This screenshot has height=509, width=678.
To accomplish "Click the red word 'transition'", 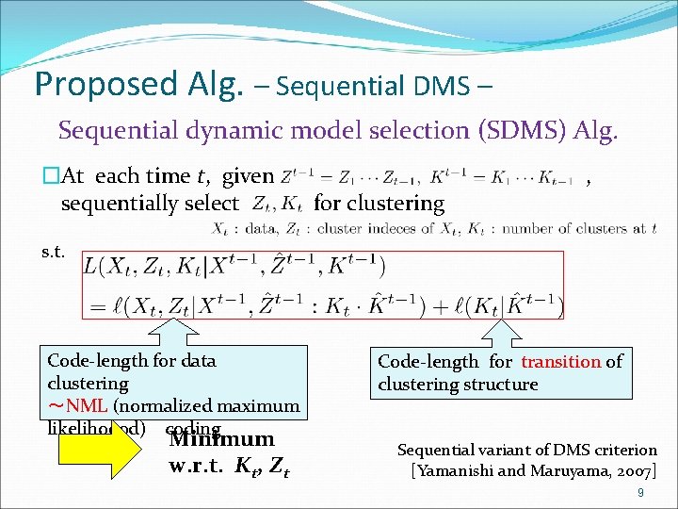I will tap(561, 361).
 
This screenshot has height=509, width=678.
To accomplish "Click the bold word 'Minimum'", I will tap(222, 439).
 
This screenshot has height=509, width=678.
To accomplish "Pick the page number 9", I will tap(640, 491).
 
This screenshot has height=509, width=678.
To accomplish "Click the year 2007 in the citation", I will tap(633, 468).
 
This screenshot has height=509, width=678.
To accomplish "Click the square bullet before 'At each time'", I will tap(50, 175).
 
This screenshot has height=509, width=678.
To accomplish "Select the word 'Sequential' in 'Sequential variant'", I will tap(437, 450).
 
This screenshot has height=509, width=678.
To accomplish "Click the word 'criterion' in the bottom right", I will tap(620, 450).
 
